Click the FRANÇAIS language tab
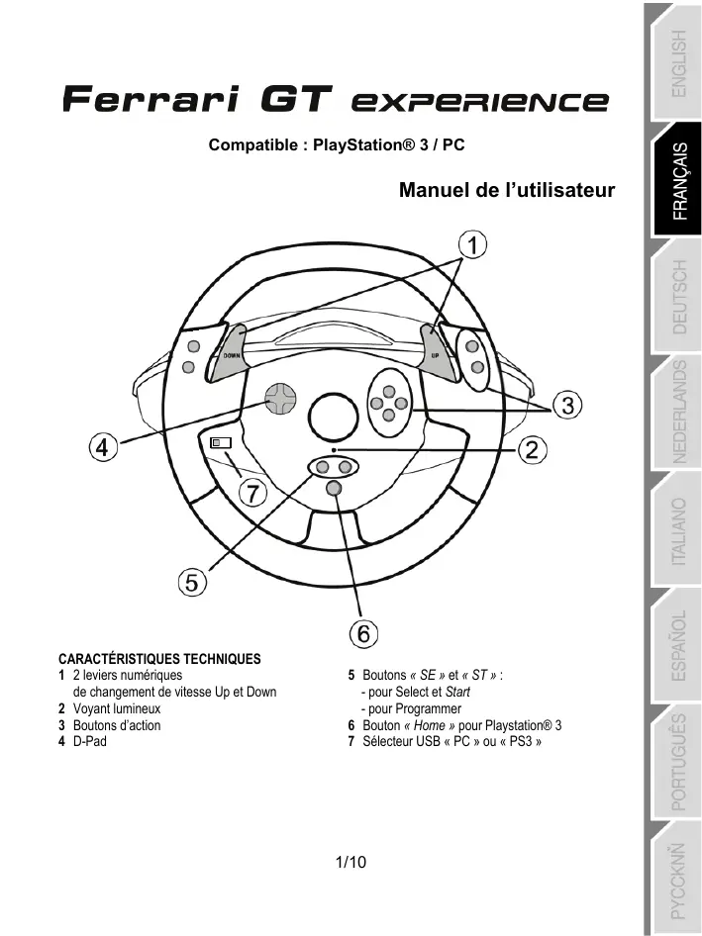677,188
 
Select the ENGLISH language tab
677,61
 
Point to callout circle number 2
532,450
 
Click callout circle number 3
565,405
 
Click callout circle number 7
255,493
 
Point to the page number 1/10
351,863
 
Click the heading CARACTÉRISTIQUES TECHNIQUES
159,657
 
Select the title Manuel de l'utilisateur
507,191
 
